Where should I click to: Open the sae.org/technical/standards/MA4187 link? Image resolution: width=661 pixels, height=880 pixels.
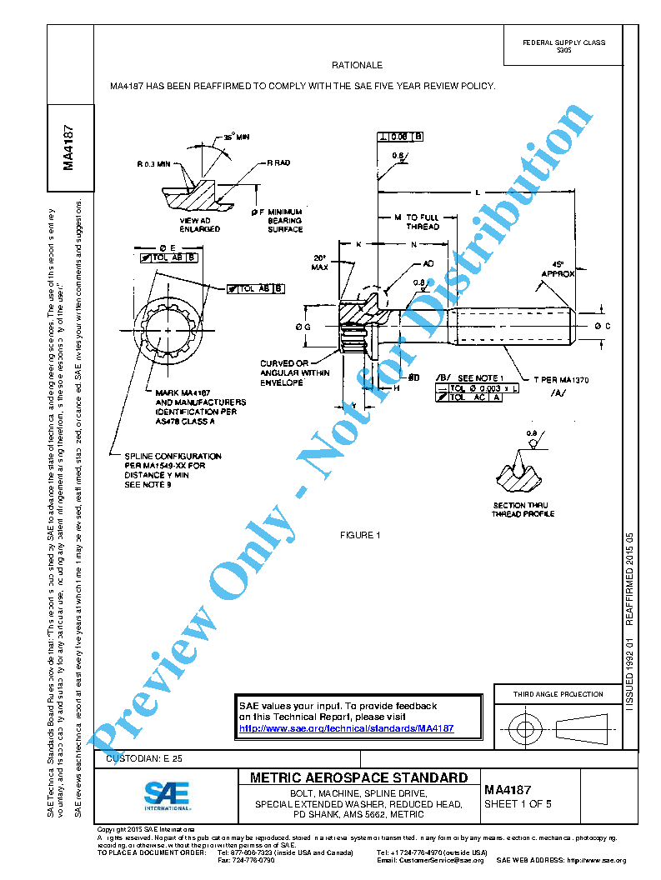coord(346,727)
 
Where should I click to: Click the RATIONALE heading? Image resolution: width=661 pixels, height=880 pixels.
coord(357,65)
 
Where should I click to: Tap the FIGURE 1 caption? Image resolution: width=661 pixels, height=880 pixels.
coord(360,535)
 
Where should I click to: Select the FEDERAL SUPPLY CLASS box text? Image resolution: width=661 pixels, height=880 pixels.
coord(563,46)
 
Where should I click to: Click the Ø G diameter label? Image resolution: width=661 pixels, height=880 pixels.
coord(303,327)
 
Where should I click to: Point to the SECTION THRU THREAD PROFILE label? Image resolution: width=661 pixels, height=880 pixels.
coord(522,509)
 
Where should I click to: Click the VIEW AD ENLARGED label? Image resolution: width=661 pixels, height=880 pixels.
coord(200,224)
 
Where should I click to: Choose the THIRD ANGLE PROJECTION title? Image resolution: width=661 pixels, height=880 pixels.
coord(558,694)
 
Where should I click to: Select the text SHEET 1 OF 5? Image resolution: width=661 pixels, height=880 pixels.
coord(518,804)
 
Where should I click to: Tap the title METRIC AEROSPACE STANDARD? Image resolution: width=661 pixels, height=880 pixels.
coord(358,777)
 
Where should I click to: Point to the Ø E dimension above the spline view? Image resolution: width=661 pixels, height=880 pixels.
coord(165,247)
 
